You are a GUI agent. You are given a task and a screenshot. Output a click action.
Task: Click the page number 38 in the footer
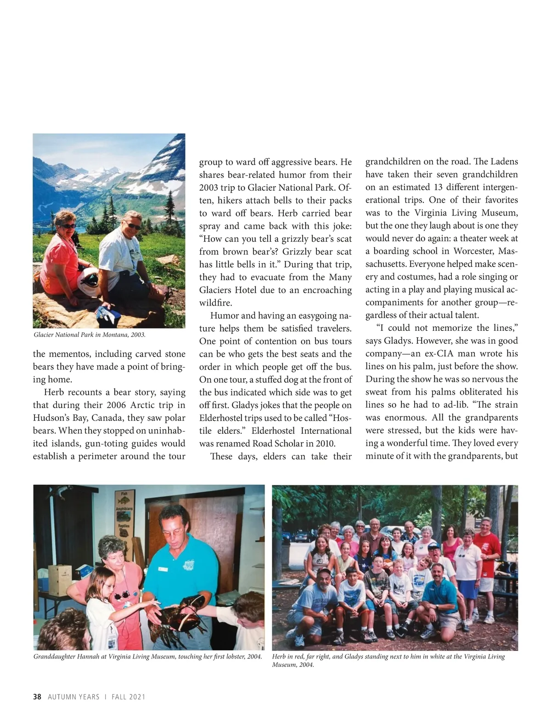[x=37, y=697]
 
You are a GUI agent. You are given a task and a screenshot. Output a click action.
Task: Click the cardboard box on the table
[x=60, y=580]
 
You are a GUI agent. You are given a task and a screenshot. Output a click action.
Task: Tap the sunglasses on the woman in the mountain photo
[x=69, y=226]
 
